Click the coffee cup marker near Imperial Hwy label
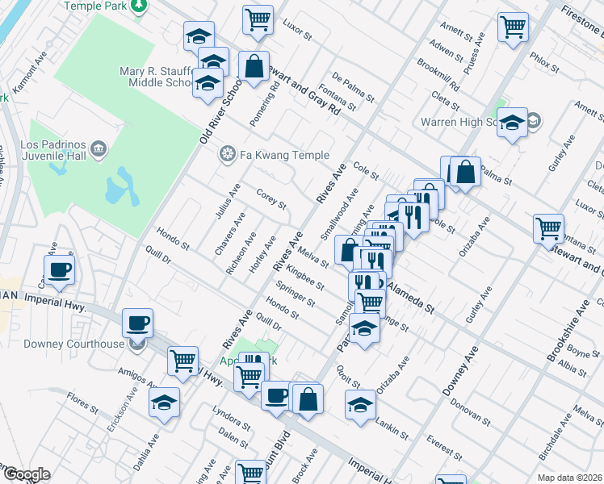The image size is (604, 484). [x=59, y=269]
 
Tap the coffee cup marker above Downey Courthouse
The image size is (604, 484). [x=136, y=323]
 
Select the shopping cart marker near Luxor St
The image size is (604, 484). [x=258, y=19]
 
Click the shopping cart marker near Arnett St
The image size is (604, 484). [x=513, y=27]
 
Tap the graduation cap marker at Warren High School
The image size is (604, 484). [x=511, y=122]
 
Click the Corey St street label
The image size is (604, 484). [x=271, y=198]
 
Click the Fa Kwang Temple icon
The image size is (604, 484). [x=228, y=154]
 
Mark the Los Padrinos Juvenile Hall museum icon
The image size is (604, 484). [x=99, y=148]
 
